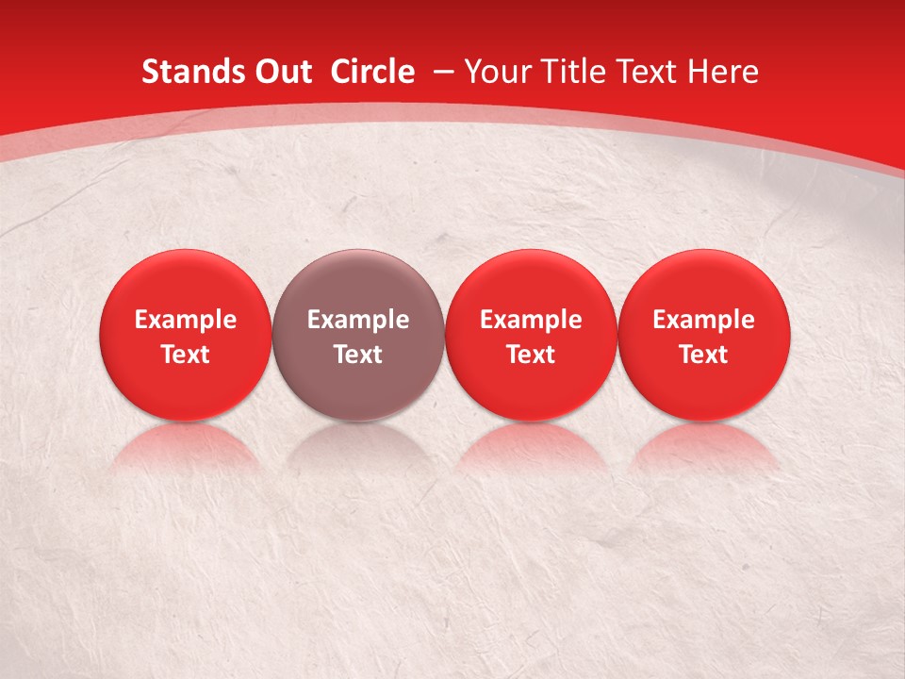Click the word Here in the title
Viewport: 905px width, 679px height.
click(722, 72)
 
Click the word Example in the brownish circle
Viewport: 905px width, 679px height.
click(358, 320)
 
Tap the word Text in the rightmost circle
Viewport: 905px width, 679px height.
click(704, 355)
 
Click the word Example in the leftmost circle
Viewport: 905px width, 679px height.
click(186, 320)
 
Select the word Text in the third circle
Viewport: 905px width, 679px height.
click(531, 355)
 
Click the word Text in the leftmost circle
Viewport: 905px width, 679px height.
click(186, 355)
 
